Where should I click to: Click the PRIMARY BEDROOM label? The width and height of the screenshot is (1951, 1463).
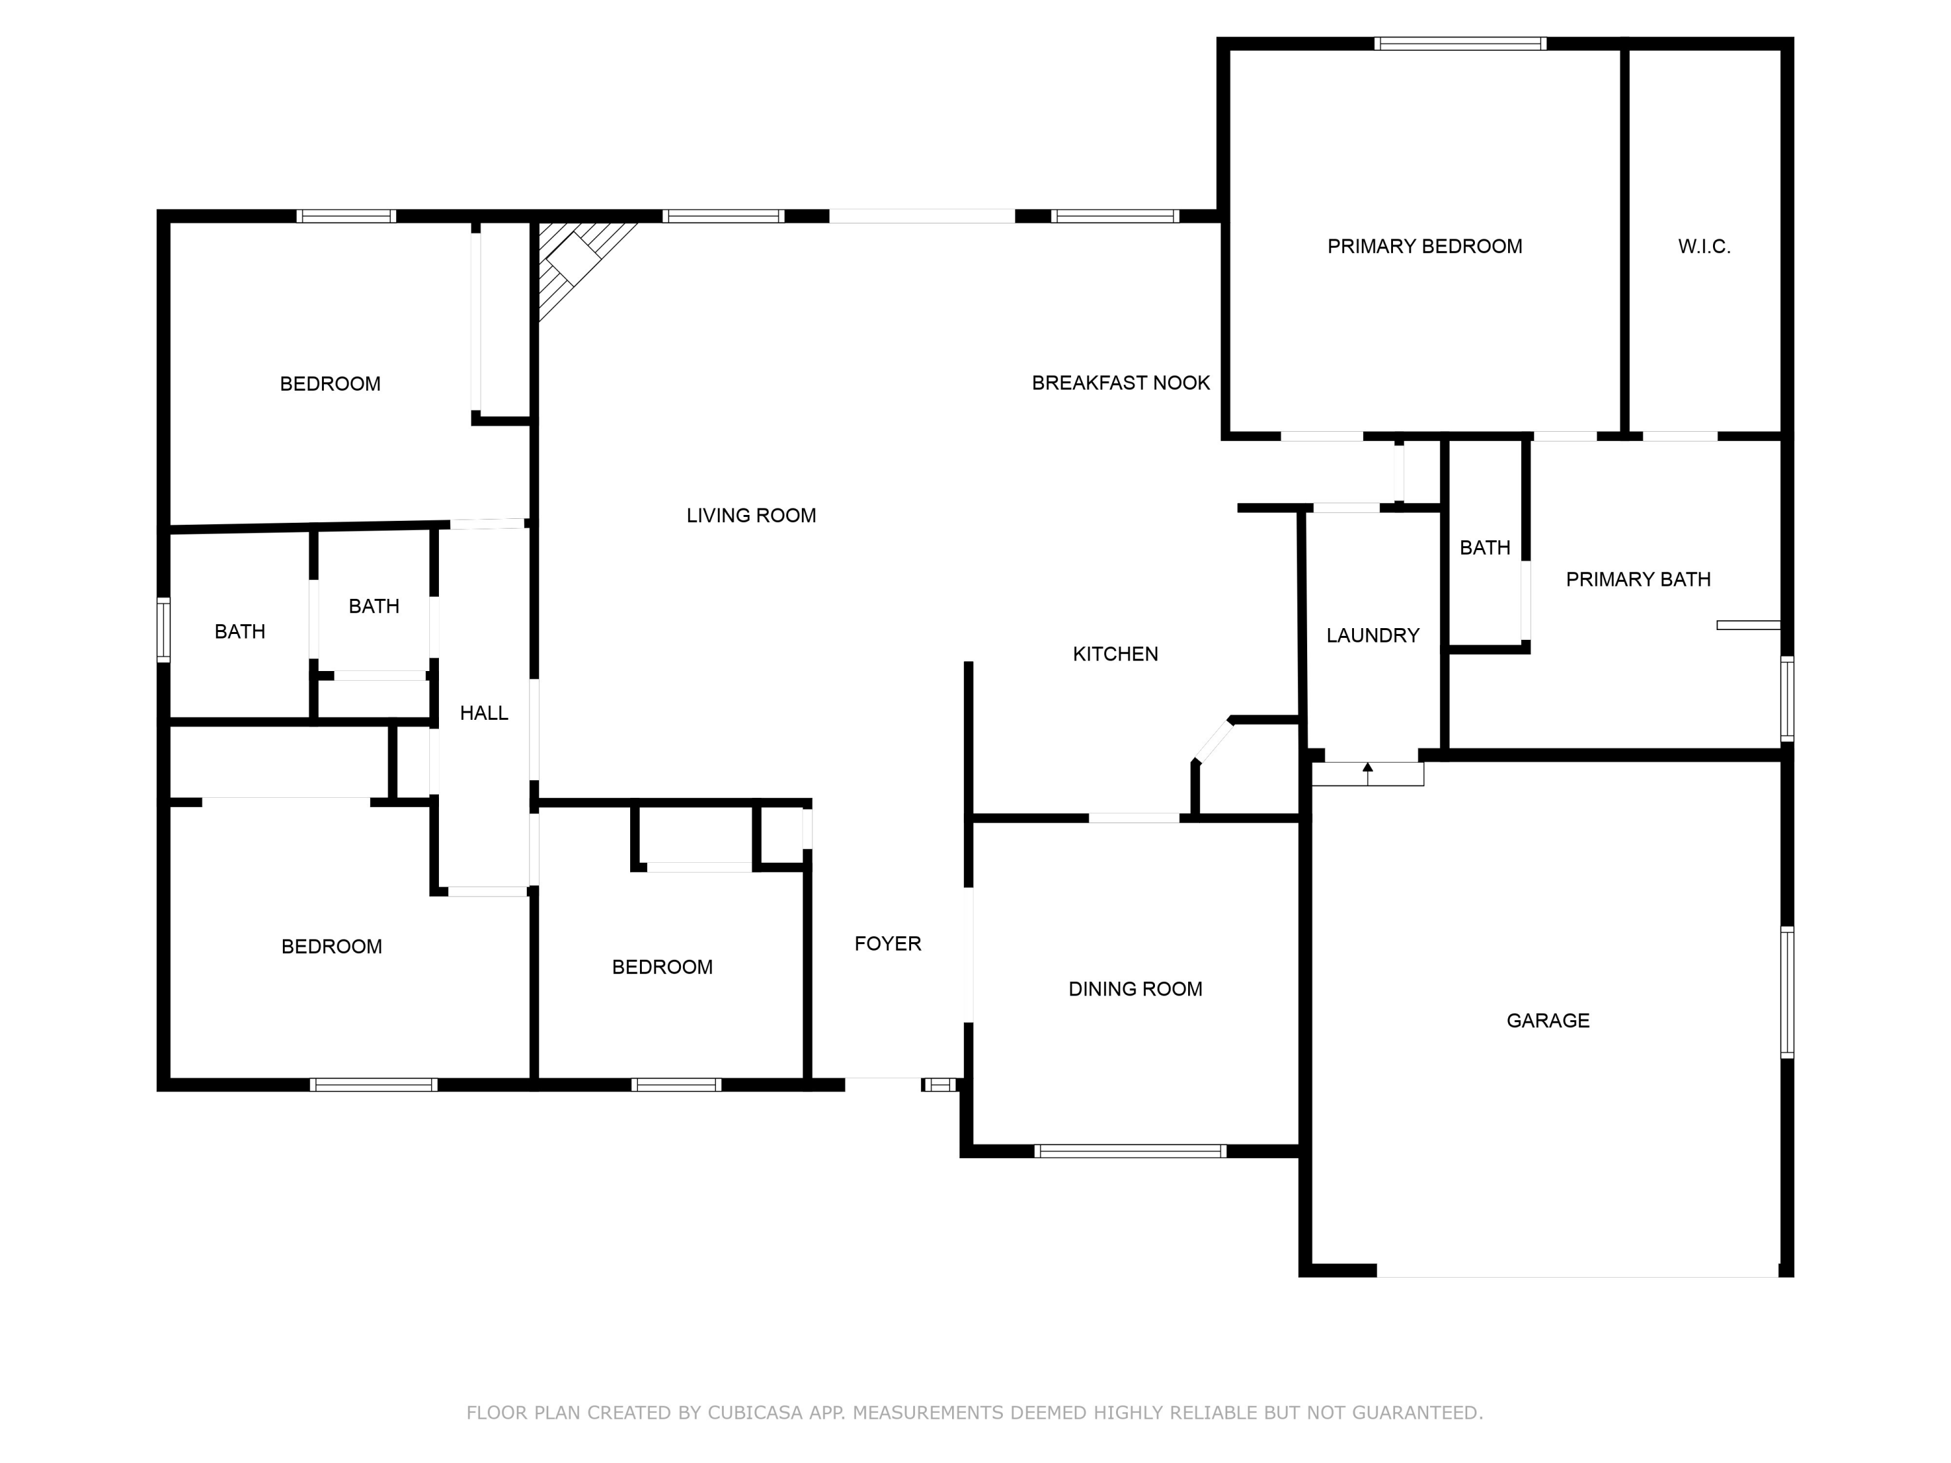click(1424, 246)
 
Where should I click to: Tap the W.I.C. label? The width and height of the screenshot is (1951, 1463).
click(1703, 246)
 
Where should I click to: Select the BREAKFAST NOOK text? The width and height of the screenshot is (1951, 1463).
click(1120, 383)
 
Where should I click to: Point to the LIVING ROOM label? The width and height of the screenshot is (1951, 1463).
click(750, 515)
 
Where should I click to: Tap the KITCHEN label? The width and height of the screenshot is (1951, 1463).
click(1115, 653)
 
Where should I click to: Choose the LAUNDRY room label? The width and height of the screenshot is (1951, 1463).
click(1372, 635)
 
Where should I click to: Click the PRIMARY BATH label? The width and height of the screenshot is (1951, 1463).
click(1638, 579)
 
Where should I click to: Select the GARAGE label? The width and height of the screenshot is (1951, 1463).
click(1547, 1020)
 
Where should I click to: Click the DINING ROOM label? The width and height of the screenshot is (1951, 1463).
click(1135, 988)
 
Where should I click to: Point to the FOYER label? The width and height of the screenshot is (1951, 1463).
click(887, 943)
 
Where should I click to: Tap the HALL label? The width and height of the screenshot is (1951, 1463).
click(483, 713)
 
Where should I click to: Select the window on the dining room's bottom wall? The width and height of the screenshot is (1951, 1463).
click(1130, 1151)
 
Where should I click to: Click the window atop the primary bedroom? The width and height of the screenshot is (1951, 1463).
click(1460, 43)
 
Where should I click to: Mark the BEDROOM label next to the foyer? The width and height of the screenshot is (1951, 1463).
click(661, 966)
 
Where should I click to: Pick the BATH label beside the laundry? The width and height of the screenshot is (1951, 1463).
click(1485, 547)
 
